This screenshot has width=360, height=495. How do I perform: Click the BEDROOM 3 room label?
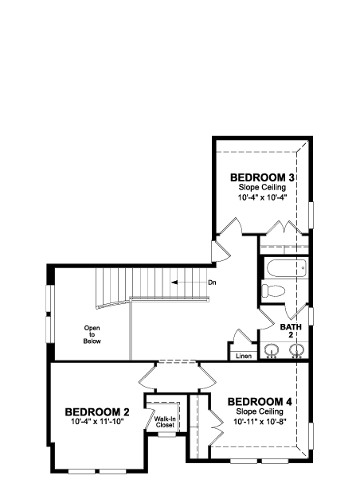[x=262, y=177]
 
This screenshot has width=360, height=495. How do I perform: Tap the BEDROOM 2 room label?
[x=97, y=412]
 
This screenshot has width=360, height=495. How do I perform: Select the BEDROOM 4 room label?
[x=260, y=402]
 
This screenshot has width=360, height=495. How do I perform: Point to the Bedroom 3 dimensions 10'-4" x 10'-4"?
[x=262, y=197]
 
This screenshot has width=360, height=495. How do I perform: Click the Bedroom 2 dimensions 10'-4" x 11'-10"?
[x=97, y=421]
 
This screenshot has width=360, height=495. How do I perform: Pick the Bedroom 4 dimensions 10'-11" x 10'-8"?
[x=260, y=422]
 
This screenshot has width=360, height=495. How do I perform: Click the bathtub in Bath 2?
[x=287, y=269]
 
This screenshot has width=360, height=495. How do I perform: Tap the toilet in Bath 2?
[x=273, y=290]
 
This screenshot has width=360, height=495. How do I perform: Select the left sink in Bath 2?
[x=272, y=350]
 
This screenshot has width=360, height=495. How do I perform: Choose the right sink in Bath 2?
[x=297, y=350]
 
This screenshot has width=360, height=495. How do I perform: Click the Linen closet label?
[x=244, y=356]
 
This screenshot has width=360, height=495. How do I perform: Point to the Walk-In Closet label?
[x=165, y=422]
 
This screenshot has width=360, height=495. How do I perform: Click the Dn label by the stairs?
[x=212, y=283]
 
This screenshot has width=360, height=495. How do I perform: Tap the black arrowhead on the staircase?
[x=174, y=283]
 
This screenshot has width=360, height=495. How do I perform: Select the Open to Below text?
[x=92, y=334]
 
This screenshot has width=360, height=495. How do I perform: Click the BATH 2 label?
[x=291, y=330]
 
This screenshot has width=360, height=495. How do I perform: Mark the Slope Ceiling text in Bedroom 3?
[x=262, y=187]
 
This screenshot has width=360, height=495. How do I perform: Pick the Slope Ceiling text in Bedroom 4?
[x=260, y=411]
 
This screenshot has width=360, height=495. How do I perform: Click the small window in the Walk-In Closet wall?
[x=167, y=435]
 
